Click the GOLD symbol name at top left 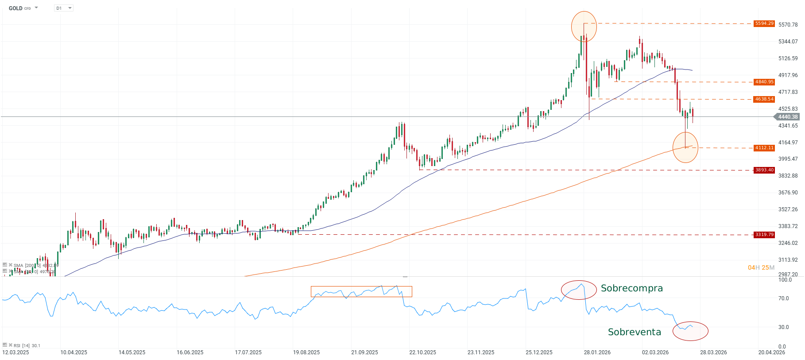pyautogui.click(x=15, y=8)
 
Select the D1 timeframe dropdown pyautogui.click(x=63, y=8)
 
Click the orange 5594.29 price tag pyautogui.click(x=764, y=23)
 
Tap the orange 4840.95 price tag pyautogui.click(x=764, y=82)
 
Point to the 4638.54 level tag pyautogui.click(x=764, y=99)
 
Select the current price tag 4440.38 pyautogui.click(x=788, y=117)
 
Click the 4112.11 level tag pyautogui.click(x=764, y=148)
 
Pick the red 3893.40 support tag pyautogui.click(x=764, y=170)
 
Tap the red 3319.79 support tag pyautogui.click(x=764, y=235)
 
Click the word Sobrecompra pyautogui.click(x=631, y=288)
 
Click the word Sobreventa pyautogui.click(x=634, y=332)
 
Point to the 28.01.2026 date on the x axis pyautogui.click(x=597, y=352)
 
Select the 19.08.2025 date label pyautogui.click(x=306, y=352)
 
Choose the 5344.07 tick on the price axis pyautogui.click(x=788, y=42)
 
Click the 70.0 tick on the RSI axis pyautogui.click(x=784, y=298)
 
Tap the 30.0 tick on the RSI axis pyautogui.click(x=784, y=327)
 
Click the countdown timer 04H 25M pyautogui.click(x=761, y=267)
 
